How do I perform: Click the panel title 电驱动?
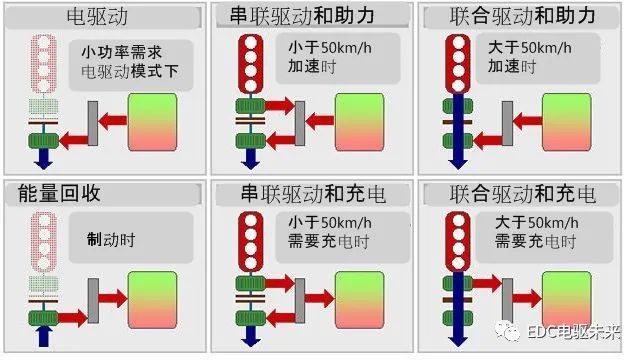pos(103,16)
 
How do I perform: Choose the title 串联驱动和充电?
pos(313,192)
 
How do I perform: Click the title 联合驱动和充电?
pos(523,192)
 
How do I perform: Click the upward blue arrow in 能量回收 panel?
pos(44,334)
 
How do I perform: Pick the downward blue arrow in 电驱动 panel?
pos(44,157)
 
